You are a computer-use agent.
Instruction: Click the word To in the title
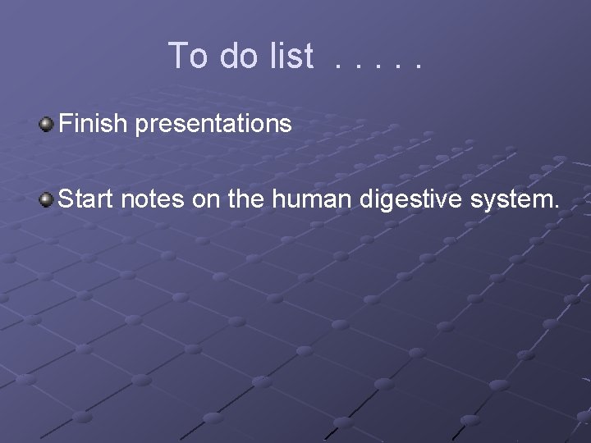tap(188, 56)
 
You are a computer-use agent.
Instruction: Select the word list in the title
tap(291, 56)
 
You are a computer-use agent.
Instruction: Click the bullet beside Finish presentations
tap(47, 125)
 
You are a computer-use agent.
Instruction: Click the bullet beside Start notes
tap(47, 199)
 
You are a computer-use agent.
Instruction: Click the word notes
tap(150, 199)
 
